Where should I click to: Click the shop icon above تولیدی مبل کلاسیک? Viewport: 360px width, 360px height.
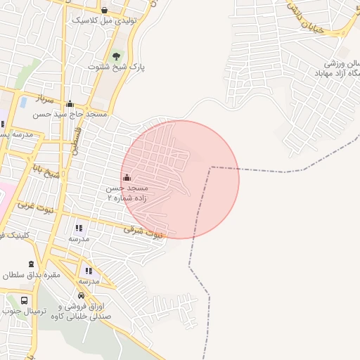(105, 10)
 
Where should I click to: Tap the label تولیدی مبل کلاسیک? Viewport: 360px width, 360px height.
(102, 21)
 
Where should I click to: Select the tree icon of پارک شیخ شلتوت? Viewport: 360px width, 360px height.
(116, 56)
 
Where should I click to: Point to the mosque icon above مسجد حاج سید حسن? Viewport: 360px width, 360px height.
(69, 104)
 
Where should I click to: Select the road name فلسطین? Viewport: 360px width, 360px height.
(76, 140)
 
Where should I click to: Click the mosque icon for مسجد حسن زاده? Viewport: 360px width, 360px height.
(127, 177)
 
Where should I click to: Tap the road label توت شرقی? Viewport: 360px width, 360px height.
(143, 231)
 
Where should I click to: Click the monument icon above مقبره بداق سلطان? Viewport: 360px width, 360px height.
(31, 264)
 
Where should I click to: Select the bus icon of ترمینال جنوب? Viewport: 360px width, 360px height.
(24, 300)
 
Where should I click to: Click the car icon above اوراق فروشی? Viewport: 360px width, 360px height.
(82, 296)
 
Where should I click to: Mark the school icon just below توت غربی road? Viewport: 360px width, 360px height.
(78, 228)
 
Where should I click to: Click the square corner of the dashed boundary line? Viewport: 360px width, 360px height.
(212, 167)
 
